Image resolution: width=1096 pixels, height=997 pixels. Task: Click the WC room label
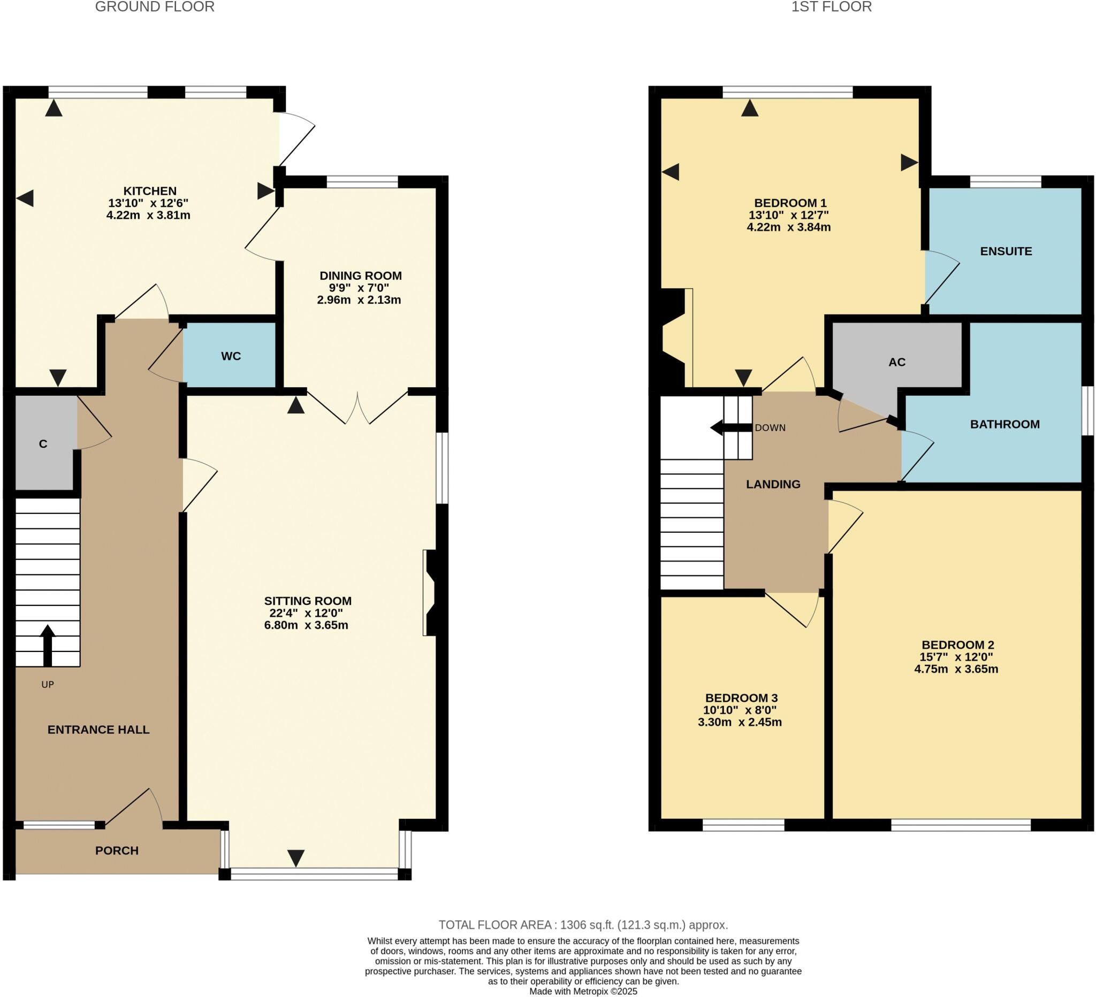[231, 356]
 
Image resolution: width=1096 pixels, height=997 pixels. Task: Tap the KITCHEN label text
[149, 191]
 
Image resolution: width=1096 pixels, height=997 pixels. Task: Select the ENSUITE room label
[1006, 251]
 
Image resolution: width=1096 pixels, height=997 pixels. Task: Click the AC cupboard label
[897, 362]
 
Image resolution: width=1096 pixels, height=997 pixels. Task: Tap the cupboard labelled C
[43, 444]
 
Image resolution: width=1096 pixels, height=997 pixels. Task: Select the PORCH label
[117, 850]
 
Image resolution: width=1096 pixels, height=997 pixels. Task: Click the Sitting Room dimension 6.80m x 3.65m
[306, 625]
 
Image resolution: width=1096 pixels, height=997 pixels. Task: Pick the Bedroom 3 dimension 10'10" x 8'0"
[740, 710]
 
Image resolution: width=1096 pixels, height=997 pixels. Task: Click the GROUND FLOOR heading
[155, 7]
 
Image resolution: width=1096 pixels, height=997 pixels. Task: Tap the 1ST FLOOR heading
[831, 7]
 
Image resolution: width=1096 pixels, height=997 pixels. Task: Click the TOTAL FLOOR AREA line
[583, 925]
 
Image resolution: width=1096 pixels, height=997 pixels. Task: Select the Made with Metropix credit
[583, 991]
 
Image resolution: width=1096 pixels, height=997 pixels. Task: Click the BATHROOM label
[1004, 424]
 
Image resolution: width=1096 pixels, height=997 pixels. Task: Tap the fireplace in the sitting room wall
[433, 593]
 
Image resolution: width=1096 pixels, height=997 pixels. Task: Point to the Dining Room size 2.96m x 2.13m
[359, 300]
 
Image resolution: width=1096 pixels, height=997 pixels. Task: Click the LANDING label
[773, 484]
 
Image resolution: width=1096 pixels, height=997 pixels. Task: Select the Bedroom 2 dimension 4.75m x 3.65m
[956, 669]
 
